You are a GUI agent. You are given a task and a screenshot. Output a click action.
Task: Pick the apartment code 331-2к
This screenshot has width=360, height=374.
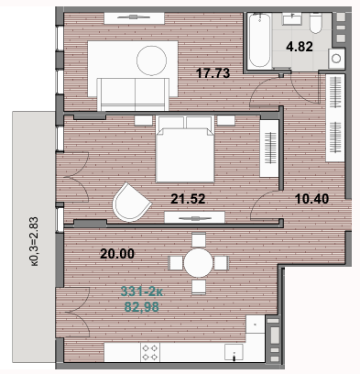point(140,292)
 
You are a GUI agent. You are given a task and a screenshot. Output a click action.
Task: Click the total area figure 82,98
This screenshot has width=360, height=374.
point(140,307)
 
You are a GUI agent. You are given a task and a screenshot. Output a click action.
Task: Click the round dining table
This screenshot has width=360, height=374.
point(200,262)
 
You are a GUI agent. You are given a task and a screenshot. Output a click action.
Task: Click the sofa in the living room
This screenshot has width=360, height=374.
point(136,89)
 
